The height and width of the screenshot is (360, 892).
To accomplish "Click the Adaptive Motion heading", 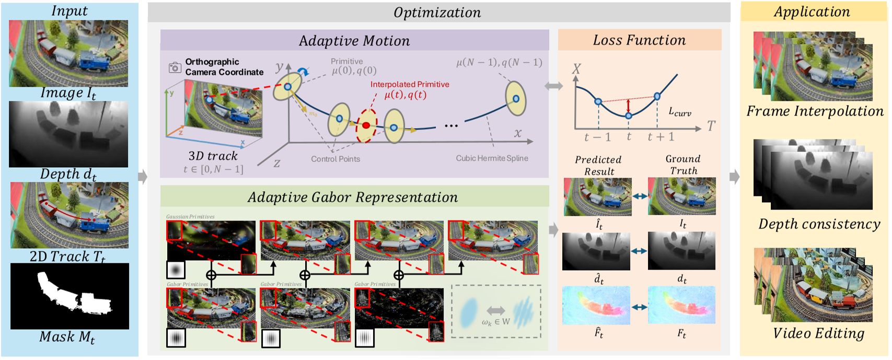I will click(354, 41).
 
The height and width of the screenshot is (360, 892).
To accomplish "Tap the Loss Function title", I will click(639, 40).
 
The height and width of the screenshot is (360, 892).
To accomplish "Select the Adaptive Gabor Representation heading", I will click(353, 197).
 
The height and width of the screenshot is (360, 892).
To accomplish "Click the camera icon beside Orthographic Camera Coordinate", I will click(175, 67).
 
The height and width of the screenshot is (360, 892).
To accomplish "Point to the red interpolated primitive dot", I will click(366, 125).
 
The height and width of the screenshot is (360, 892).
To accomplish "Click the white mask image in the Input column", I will click(69, 296).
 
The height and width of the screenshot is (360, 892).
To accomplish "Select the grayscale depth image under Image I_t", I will click(68, 134).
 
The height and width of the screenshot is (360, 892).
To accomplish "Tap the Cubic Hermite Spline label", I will click(492, 158).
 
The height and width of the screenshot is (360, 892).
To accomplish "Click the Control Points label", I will click(335, 159).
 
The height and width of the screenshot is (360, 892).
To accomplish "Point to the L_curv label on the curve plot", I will click(680, 112).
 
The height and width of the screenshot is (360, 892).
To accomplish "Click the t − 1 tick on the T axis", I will click(597, 137).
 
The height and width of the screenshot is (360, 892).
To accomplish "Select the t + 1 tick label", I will click(661, 137).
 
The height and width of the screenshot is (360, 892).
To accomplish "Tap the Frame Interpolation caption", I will click(815, 111).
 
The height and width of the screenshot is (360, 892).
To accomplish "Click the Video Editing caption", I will click(818, 333).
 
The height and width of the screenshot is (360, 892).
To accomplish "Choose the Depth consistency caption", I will click(819, 224).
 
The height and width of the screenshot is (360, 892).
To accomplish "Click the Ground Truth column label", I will click(683, 165).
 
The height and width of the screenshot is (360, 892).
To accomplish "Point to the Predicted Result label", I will click(598, 165).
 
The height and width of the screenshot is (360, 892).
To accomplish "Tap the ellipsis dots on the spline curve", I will click(451, 126).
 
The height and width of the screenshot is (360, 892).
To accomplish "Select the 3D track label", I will click(213, 156).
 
